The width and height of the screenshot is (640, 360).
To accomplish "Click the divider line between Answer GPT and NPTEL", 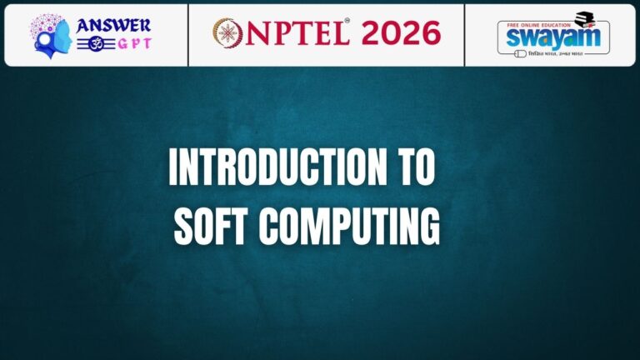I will click(x=188, y=34).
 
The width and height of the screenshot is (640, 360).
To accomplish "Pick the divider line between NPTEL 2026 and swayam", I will click(x=464, y=34).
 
